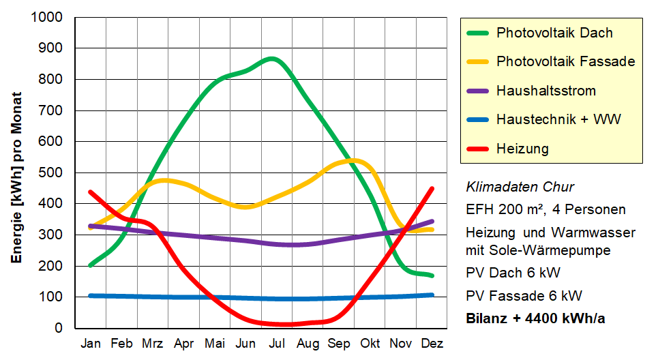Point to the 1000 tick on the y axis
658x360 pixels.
click(48, 17)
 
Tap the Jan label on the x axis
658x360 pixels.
click(91, 344)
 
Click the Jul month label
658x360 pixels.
click(278, 344)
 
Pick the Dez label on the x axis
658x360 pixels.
click(432, 344)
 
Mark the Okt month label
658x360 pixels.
click(370, 344)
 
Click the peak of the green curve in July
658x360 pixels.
click(272, 59)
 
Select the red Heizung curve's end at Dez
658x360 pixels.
click(432, 189)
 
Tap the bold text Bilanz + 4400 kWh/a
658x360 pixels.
click(535, 318)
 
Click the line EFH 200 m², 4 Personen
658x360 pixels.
click(545, 209)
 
